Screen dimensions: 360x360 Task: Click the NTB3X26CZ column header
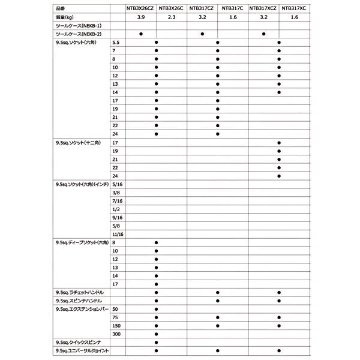coord(140,9)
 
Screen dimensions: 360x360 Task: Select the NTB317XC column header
coord(294,9)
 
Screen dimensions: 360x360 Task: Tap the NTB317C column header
coord(232,9)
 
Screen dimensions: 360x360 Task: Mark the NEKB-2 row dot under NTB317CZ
coord(202,35)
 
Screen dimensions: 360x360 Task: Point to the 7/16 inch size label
coord(118,202)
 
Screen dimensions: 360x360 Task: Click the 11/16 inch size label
coord(118,233)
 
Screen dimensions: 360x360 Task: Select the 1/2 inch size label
coord(116,210)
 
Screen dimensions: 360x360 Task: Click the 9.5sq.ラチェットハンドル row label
coord(82,292)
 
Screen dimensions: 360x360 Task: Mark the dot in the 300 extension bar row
coord(156,333)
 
